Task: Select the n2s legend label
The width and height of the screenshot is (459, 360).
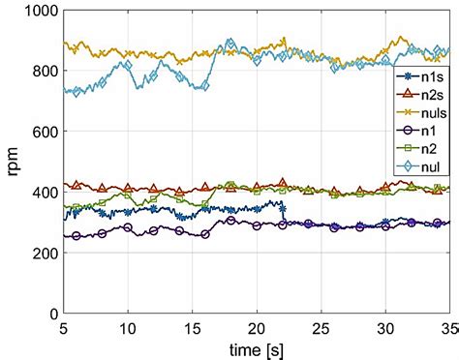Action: coord(423,95)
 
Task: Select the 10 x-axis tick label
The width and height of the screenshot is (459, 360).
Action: coord(128,329)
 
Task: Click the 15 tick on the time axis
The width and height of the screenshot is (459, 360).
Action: coord(192,329)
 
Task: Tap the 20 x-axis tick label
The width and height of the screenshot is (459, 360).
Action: coord(257,329)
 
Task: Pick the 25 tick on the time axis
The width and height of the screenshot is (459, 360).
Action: coord(321,329)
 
